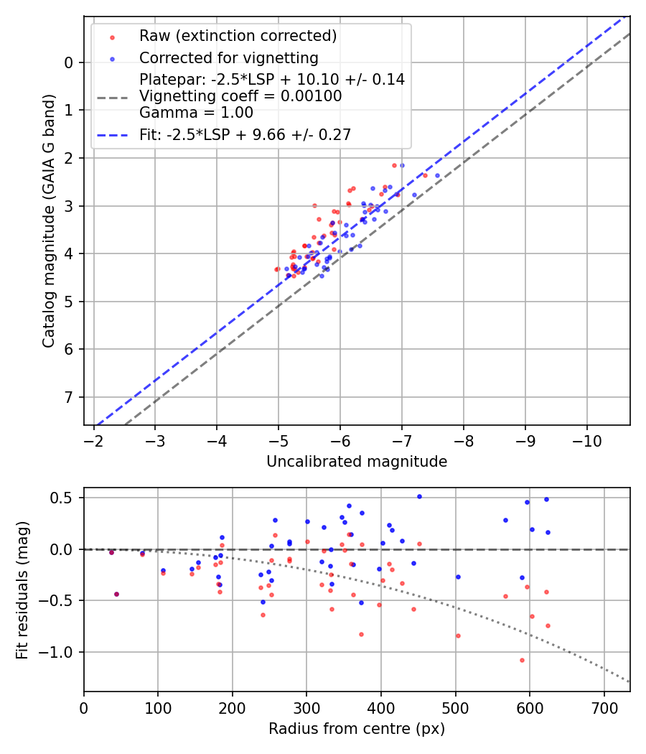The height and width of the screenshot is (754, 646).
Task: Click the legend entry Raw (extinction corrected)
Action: click(x=238, y=35)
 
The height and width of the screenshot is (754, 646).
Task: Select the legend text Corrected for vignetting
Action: click(x=228, y=57)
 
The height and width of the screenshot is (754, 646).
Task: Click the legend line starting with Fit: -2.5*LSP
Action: click(x=245, y=134)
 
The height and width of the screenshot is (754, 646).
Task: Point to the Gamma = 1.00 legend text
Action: click(x=196, y=112)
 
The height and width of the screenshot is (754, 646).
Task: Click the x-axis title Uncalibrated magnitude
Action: click(x=357, y=462)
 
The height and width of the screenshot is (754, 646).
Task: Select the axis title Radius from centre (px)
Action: click(x=357, y=729)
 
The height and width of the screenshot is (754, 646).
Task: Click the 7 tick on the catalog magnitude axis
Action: click(x=69, y=397)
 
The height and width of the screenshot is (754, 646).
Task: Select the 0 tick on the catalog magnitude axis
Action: click(x=69, y=62)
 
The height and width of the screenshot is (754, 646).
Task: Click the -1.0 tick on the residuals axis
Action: click(x=61, y=652)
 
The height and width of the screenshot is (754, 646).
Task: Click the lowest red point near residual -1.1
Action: click(x=522, y=660)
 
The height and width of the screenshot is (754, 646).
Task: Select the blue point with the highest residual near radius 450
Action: click(x=419, y=496)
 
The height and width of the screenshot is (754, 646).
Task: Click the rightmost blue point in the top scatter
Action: click(x=437, y=175)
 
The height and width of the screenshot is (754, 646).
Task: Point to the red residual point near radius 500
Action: click(x=458, y=636)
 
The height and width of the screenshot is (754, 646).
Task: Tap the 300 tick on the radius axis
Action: click(x=306, y=707)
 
